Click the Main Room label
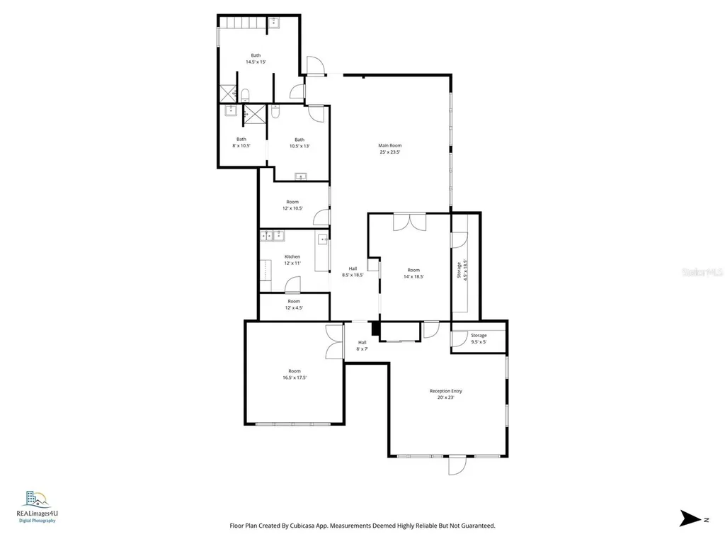(x=389, y=149)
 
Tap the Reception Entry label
(x=446, y=394)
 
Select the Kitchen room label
(x=292, y=260)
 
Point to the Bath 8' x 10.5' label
(x=241, y=142)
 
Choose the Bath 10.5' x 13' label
(x=299, y=142)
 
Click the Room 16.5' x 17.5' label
(x=294, y=375)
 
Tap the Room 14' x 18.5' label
(x=413, y=273)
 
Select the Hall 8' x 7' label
(x=361, y=346)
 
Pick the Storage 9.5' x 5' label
(x=479, y=339)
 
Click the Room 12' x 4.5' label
(x=294, y=305)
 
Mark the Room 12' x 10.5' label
(x=292, y=205)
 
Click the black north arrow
(x=689, y=518)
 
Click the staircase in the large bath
(x=240, y=23)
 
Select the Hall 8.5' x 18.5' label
(x=353, y=271)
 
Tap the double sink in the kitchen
(x=273, y=236)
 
